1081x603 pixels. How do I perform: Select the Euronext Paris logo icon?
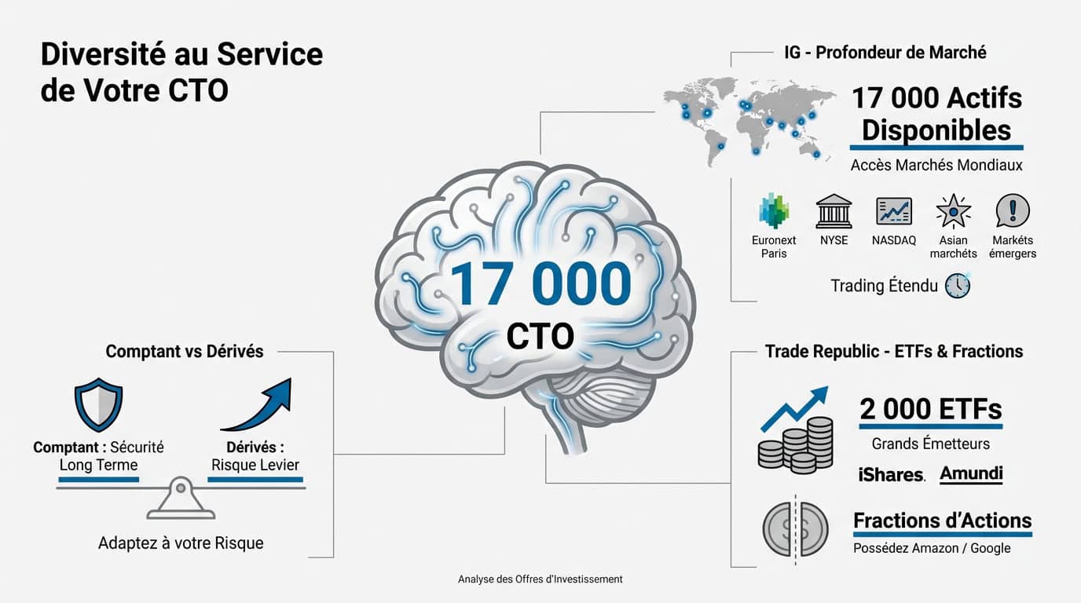[x=774, y=210]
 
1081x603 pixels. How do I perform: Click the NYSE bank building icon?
[x=834, y=211]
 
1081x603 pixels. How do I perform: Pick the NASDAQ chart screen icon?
[x=894, y=211]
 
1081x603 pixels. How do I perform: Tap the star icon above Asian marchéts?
[x=953, y=211]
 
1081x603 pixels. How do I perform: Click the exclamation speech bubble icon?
[x=1013, y=210]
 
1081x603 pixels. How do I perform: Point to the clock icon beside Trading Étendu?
[x=957, y=286]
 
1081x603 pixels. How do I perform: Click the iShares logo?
[x=892, y=474]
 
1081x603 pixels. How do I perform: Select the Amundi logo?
[x=971, y=473]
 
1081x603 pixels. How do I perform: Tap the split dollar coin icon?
[x=795, y=526]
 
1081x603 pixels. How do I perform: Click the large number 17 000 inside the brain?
[x=540, y=283]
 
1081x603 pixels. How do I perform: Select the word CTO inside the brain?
[x=540, y=336]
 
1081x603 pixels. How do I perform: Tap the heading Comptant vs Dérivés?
[x=185, y=352]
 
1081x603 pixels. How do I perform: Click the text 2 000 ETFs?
[x=931, y=409]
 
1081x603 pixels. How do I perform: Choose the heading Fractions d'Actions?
[x=942, y=521]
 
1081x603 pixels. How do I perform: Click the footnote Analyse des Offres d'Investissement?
[x=540, y=579]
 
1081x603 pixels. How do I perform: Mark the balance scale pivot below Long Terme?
[x=181, y=490]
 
